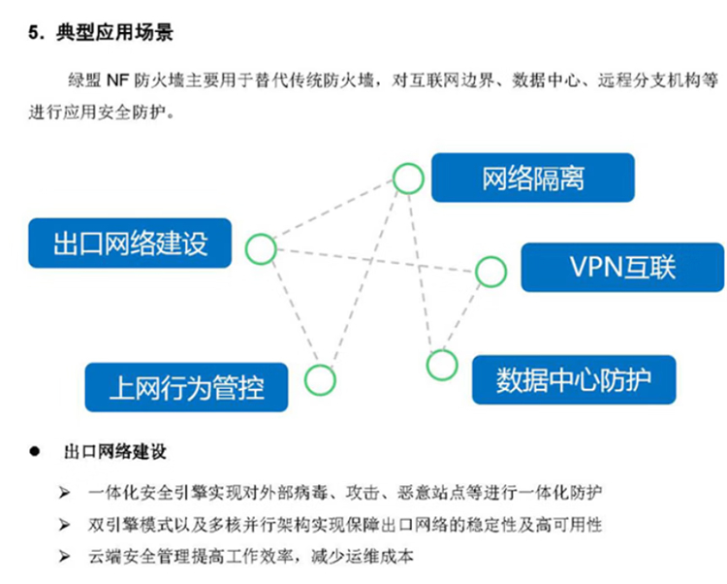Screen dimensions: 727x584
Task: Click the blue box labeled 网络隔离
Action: tap(533, 178)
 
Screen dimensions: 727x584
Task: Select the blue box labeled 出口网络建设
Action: tap(130, 243)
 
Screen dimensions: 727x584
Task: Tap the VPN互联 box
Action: tap(622, 267)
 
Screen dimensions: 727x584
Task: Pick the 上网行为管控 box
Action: tap(186, 387)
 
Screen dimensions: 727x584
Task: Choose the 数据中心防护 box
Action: tap(574, 380)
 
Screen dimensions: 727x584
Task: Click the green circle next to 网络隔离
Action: tap(408, 178)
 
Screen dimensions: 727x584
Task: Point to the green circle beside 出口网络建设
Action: tap(261, 249)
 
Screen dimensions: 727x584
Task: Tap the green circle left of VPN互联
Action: tap(490, 272)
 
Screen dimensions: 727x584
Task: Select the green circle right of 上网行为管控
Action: tap(320, 380)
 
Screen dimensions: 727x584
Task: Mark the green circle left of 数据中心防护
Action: tap(442, 365)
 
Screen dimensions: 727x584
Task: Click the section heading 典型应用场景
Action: tap(114, 32)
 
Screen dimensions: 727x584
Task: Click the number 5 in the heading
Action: tap(33, 33)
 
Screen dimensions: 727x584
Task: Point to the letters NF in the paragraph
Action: tap(117, 81)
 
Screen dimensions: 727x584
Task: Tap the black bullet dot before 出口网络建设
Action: tap(34, 451)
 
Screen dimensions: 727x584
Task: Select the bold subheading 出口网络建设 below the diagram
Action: tap(115, 452)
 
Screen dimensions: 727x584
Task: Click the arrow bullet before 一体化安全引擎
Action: tap(64, 492)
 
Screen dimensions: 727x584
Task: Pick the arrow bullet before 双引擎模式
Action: tap(64, 525)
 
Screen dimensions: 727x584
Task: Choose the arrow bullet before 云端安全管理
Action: tap(64, 556)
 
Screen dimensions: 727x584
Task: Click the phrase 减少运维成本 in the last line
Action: tap(362, 556)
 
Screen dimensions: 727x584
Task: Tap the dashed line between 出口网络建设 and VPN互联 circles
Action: tap(376, 261)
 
